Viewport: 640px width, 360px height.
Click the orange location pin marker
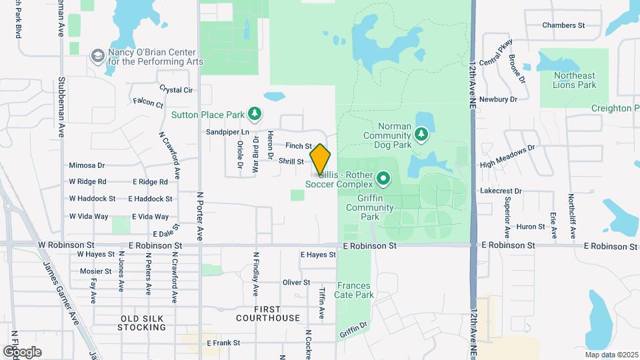pyautogui.click(x=320, y=159)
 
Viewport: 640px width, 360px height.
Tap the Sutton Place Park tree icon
pyautogui.click(x=254, y=114)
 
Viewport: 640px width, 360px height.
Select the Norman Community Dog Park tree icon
pyautogui.click(x=421, y=135)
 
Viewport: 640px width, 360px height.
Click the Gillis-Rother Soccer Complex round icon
pyautogui.click(x=383, y=178)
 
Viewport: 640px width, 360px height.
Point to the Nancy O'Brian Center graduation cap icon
pyautogui.click(x=98, y=56)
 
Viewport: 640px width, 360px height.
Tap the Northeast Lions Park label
pyautogui.click(x=574, y=80)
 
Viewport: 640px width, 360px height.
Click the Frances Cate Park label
pyautogui.click(x=354, y=290)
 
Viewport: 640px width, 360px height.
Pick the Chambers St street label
pyautogui.click(x=563, y=25)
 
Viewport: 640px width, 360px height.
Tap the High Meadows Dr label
pyautogui.click(x=507, y=156)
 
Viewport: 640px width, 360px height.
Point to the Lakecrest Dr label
pyautogui.click(x=501, y=191)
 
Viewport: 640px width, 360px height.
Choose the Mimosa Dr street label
pyautogui.click(x=87, y=165)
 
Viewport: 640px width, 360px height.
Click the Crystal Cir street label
pyautogui.click(x=176, y=89)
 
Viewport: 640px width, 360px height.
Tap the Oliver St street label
pyautogui.click(x=296, y=283)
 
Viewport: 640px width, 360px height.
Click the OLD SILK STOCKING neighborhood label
pyautogui.click(x=141, y=323)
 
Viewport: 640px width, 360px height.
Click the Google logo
pyautogui.click(x=21, y=351)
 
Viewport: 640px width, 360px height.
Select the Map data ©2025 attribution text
pyautogui.click(x=611, y=354)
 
